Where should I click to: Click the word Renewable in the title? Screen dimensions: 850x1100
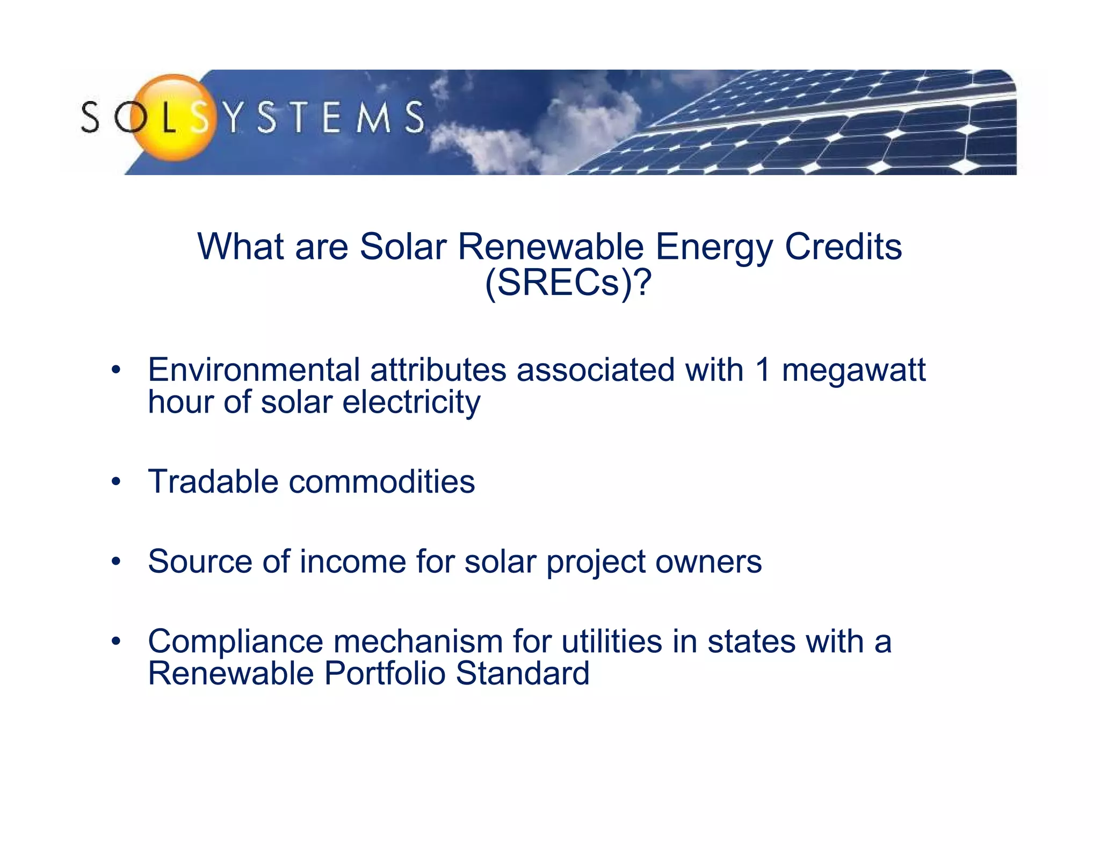551,247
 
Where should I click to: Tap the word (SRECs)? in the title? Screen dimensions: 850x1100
568,283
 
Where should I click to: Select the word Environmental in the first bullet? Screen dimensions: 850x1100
254,370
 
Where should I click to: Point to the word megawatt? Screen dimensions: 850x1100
853,371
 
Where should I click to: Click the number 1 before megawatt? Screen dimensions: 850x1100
762,370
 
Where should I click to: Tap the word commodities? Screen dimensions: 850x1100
382,481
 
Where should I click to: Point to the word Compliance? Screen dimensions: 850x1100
236,642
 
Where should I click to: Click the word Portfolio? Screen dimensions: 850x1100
385,673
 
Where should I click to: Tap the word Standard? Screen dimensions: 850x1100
523,673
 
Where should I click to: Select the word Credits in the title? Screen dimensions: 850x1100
843,247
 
